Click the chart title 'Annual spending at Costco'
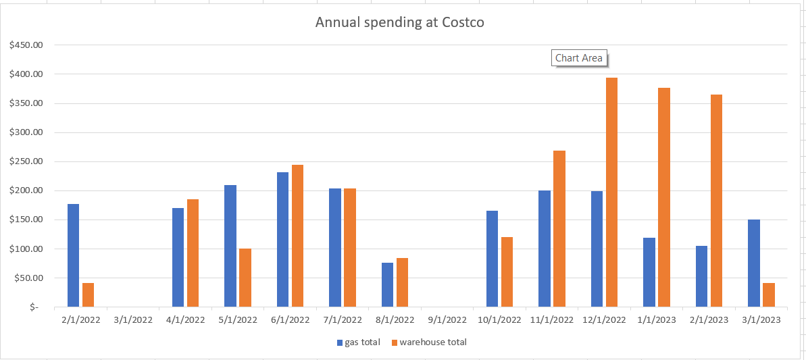(x=400, y=22)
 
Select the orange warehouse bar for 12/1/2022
(x=611, y=192)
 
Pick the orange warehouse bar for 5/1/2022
(x=245, y=278)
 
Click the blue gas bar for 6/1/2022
(x=282, y=240)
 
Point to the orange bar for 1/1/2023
(x=664, y=197)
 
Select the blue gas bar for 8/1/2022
(x=387, y=284)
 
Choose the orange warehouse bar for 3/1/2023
(x=769, y=294)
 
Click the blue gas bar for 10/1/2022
(x=492, y=259)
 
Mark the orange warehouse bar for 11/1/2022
(x=559, y=228)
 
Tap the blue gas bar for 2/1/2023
(x=701, y=276)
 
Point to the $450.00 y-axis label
(x=26, y=45)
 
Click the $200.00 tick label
(x=26, y=190)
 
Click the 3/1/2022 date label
(x=132, y=320)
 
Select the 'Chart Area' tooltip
(x=578, y=58)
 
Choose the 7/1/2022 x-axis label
(x=342, y=320)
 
